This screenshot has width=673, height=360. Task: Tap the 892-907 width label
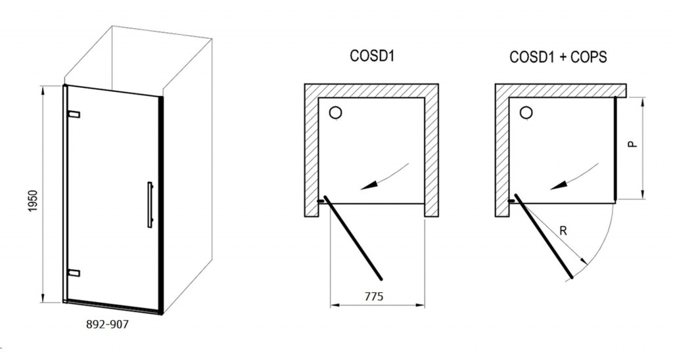pyautogui.click(x=107, y=325)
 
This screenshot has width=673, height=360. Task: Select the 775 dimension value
pyautogui.click(x=373, y=296)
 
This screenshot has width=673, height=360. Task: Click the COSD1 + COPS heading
pyautogui.click(x=558, y=56)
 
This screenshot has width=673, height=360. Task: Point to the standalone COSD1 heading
pyautogui.click(x=372, y=56)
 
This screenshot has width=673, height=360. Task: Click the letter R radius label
pyautogui.click(x=563, y=231)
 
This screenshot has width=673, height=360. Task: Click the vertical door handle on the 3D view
pyautogui.click(x=150, y=204)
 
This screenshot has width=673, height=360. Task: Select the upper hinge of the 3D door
pyautogui.click(x=74, y=114)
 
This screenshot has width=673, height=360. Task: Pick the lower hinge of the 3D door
pyautogui.click(x=74, y=273)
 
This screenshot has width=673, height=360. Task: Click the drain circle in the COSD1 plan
pyautogui.click(x=335, y=113)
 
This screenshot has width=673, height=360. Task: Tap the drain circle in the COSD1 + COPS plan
pyautogui.click(x=526, y=113)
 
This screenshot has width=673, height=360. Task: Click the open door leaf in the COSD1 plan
pyautogui.click(x=353, y=238)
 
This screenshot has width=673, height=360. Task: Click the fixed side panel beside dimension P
pyautogui.click(x=615, y=148)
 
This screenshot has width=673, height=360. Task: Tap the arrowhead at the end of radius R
pyautogui.click(x=584, y=260)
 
